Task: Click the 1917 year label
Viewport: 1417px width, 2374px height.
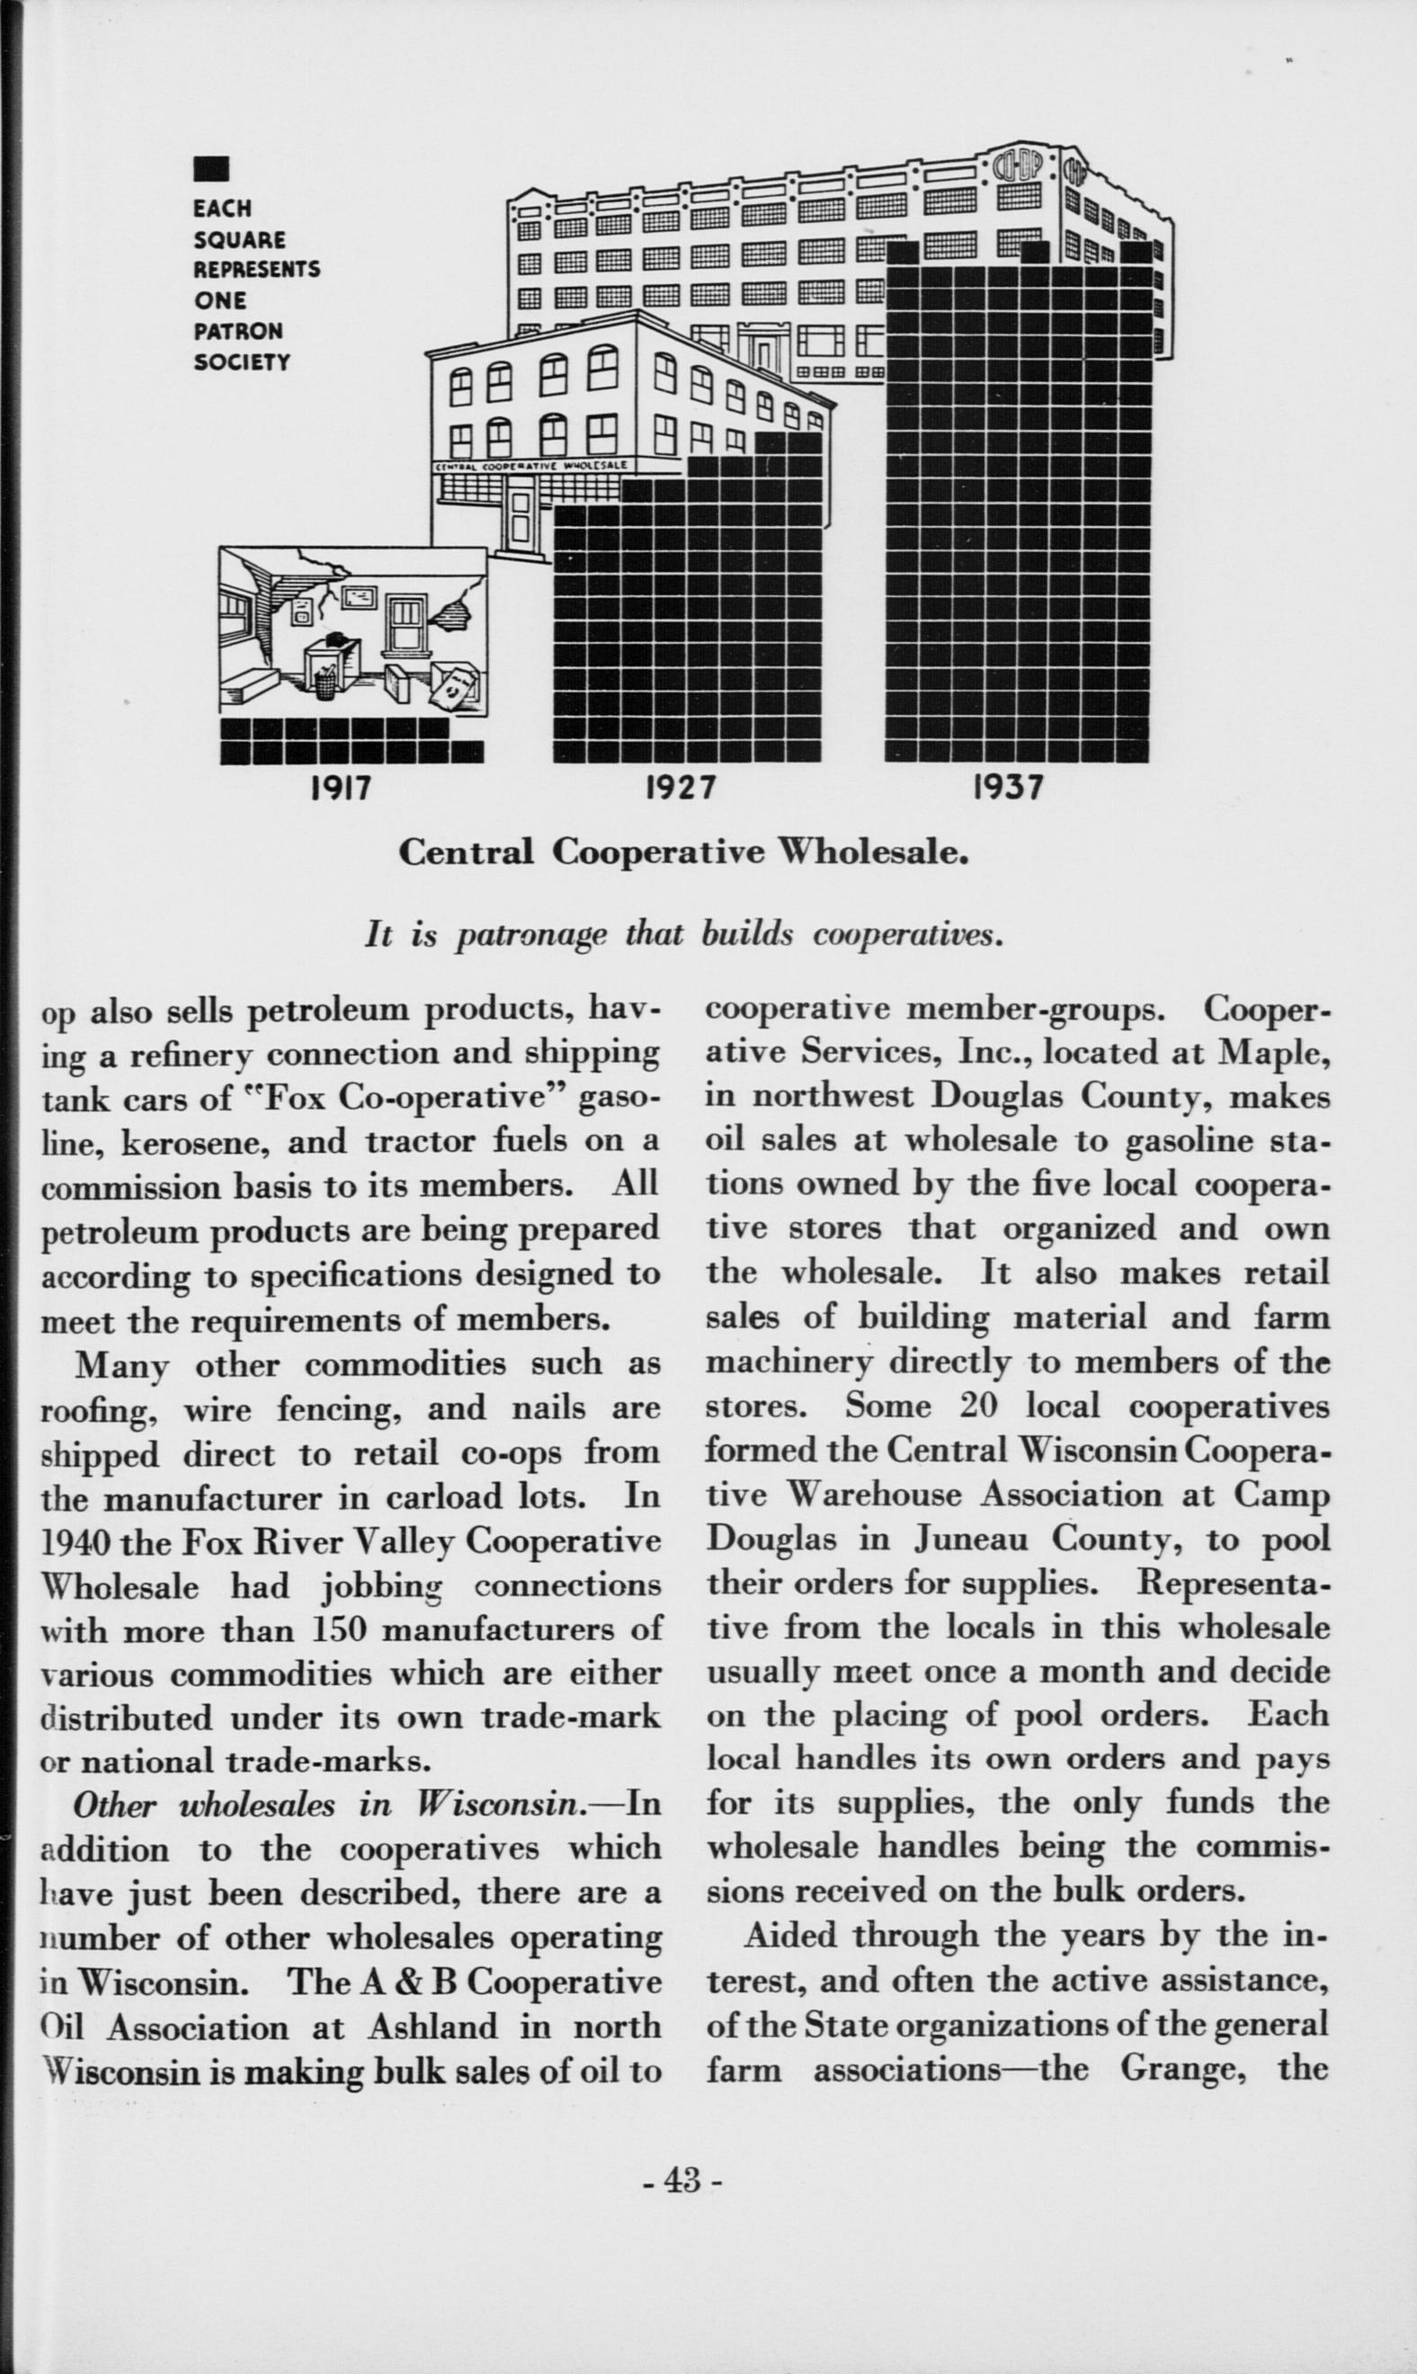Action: [x=341, y=789]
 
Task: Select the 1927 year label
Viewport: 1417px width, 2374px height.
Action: [x=681, y=789]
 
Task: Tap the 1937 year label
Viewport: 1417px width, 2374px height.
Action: [x=1008, y=789]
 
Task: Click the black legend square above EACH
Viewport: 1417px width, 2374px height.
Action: [x=210, y=170]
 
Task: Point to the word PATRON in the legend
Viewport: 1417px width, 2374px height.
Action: [x=238, y=331]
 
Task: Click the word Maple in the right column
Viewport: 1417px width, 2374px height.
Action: [x=1274, y=1051]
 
